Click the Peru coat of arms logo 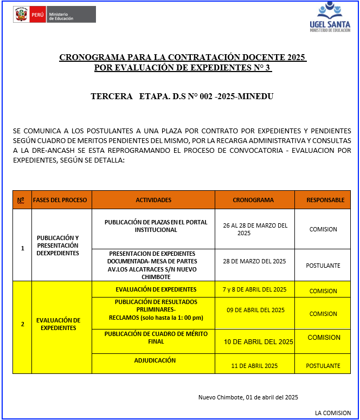coord(21,15)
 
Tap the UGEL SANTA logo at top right coord(330,17)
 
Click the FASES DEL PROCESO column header coord(60,200)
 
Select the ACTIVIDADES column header coord(153,200)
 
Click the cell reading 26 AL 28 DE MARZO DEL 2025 coord(254,229)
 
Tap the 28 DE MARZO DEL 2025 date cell coord(254,261)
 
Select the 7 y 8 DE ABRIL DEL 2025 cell coord(254,289)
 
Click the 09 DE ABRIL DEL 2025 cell coord(254,310)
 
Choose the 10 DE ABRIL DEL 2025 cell coord(258,342)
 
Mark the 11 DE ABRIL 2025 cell coord(254,366)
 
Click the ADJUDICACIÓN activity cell coord(155,360)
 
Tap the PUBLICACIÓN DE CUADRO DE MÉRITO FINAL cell coord(156,338)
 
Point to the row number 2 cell coord(22,324)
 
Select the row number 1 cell coord(22,248)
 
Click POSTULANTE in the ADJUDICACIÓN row coord(323,366)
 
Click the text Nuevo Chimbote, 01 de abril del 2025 coord(248,397)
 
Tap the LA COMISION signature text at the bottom coord(332,413)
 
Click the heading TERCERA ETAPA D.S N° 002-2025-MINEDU coord(182,96)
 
